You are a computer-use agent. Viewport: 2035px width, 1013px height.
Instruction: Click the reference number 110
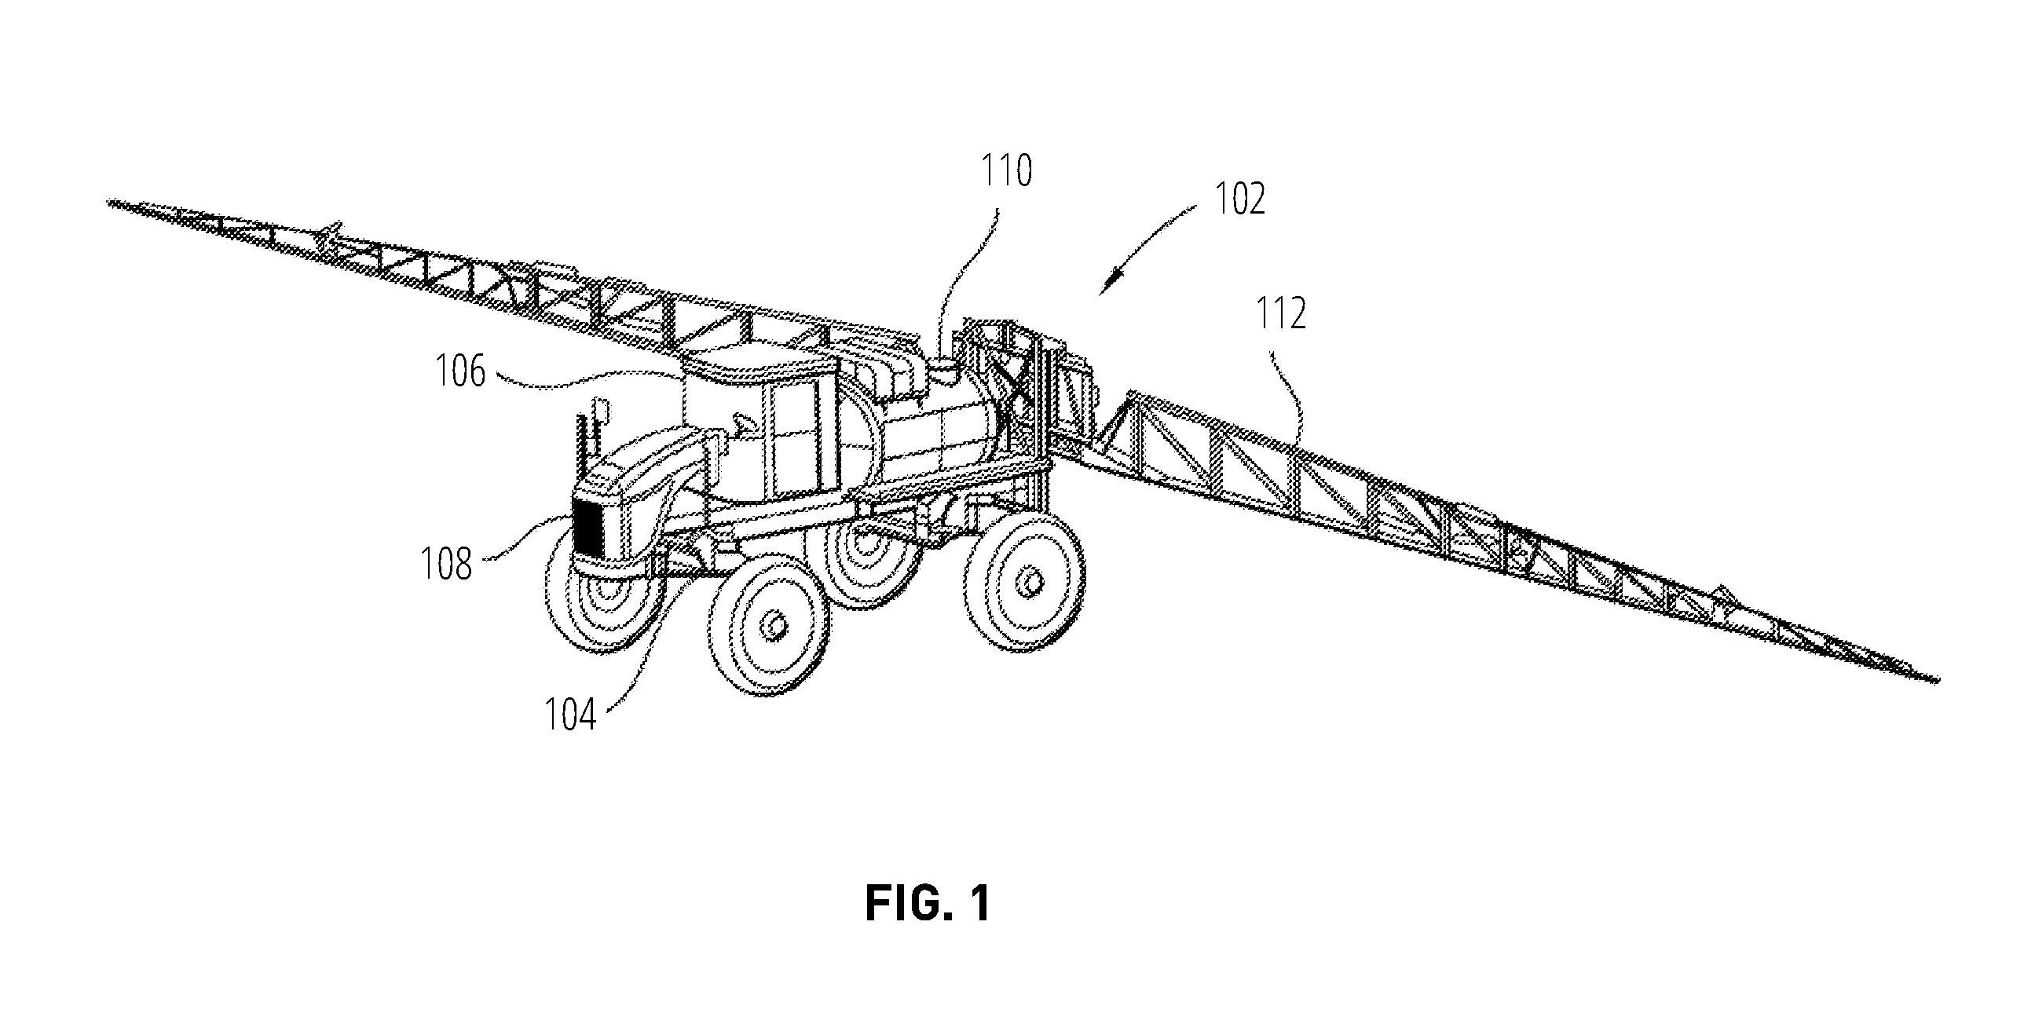point(1006,171)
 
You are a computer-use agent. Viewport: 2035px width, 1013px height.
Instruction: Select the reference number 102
point(1239,199)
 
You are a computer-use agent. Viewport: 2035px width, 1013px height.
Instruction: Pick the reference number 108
point(446,565)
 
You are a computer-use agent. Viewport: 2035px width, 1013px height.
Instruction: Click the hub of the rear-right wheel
point(1029,583)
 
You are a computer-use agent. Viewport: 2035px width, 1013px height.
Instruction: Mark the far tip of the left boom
point(108,202)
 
